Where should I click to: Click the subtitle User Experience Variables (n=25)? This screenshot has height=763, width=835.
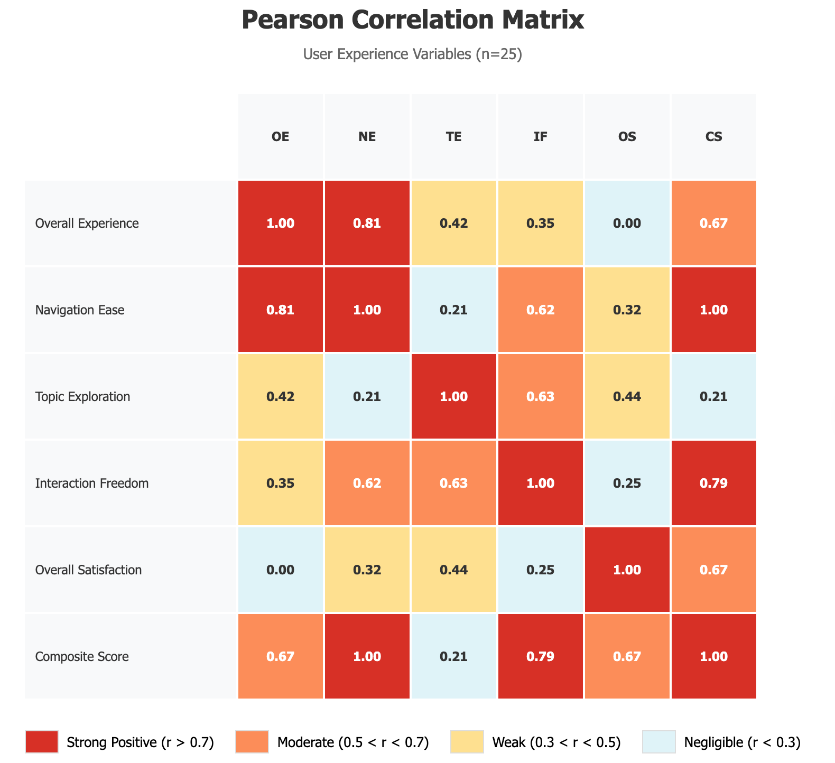coord(413,54)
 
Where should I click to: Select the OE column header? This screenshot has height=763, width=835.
coord(280,137)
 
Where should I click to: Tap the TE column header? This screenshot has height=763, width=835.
coord(453,137)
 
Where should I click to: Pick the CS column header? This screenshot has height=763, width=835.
coord(713,137)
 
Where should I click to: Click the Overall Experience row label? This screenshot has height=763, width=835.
coord(87,224)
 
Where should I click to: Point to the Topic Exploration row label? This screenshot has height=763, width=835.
coord(82,397)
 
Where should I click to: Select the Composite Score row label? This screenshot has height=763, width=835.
coord(82,657)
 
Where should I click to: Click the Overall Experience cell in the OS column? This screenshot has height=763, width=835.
coord(627,224)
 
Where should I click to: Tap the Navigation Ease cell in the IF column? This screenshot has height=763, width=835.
coord(540,310)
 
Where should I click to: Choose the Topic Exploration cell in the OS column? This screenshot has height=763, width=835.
coord(627,397)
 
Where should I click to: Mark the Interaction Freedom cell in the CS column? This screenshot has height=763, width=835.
coord(713,483)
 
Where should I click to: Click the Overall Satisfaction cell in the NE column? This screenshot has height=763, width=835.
coord(367,570)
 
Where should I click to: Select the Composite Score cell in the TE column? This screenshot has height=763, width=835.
coord(453,657)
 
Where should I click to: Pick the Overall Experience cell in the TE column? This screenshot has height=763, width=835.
coord(453,224)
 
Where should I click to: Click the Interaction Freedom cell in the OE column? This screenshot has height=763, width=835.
coord(280,483)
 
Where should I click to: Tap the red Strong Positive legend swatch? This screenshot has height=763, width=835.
coord(41,742)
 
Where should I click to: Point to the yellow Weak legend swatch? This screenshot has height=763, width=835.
coord(467,742)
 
